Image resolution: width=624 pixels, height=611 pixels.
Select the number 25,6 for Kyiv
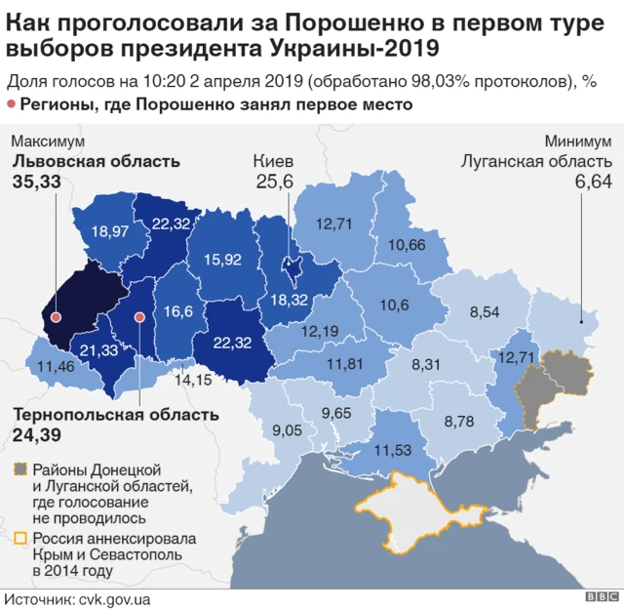[x=274, y=182]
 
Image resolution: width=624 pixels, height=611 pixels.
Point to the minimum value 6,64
[x=593, y=182]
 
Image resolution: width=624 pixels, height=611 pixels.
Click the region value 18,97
[x=109, y=232]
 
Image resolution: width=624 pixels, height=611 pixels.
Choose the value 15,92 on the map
[x=222, y=260]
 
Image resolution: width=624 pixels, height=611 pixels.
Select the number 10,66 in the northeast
[x=407, y=244]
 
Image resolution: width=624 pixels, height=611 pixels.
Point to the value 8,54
[x=486, y=312]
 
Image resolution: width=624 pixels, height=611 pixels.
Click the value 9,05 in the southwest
[x=288, y=429]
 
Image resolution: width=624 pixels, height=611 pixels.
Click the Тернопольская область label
[x=115, y=414]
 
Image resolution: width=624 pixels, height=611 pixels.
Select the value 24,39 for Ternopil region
[x=35, y=432]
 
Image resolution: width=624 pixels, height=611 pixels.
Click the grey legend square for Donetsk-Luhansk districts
[x=19, y=470]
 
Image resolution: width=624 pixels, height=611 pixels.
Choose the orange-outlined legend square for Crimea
[x=19, y=539]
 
